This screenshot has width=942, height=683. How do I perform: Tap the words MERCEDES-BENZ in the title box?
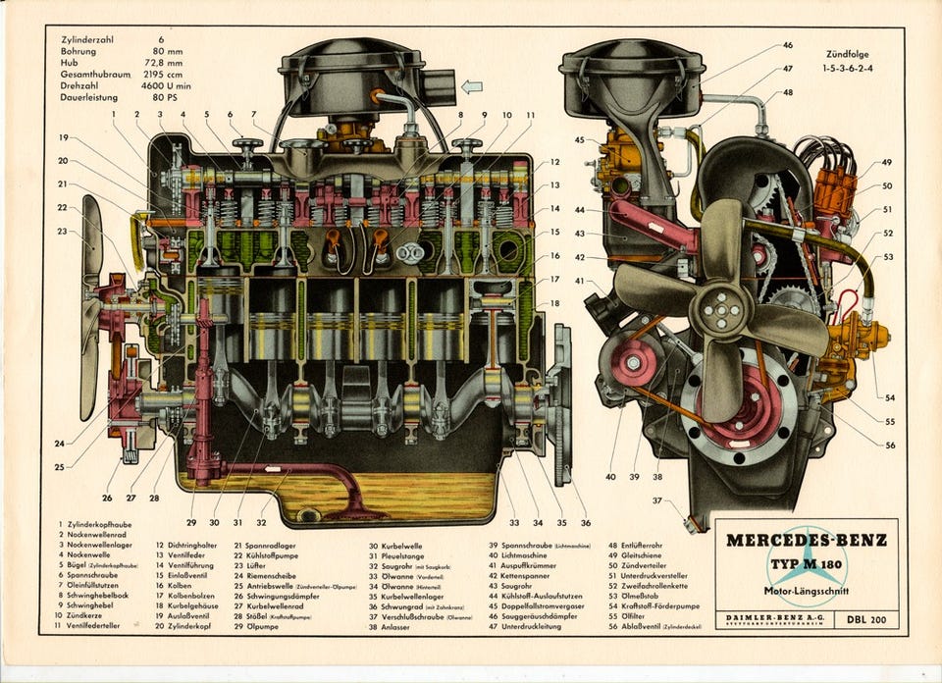(x=806, y=540)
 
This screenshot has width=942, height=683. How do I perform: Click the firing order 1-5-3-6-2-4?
(x=847, y=70)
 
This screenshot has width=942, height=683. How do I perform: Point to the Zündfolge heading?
(x=848, y=55)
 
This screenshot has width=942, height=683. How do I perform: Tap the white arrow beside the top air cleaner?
(x=472, y=86)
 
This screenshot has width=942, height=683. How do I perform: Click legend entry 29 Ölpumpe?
(x=263, y=625)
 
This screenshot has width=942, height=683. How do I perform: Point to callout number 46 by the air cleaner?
(x=788, y=45)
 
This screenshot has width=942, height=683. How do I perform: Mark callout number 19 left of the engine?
(x=63, y=137)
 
